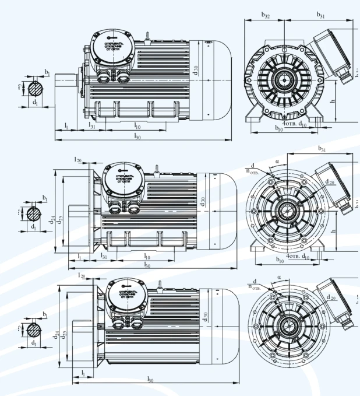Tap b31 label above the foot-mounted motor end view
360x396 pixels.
321,15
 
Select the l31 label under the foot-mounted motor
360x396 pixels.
91,125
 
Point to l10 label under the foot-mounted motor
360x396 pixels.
137,125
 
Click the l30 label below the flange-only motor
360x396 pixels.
151,380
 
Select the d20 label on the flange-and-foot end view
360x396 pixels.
330,183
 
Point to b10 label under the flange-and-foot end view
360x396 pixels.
279,259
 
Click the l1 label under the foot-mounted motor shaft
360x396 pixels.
66,125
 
